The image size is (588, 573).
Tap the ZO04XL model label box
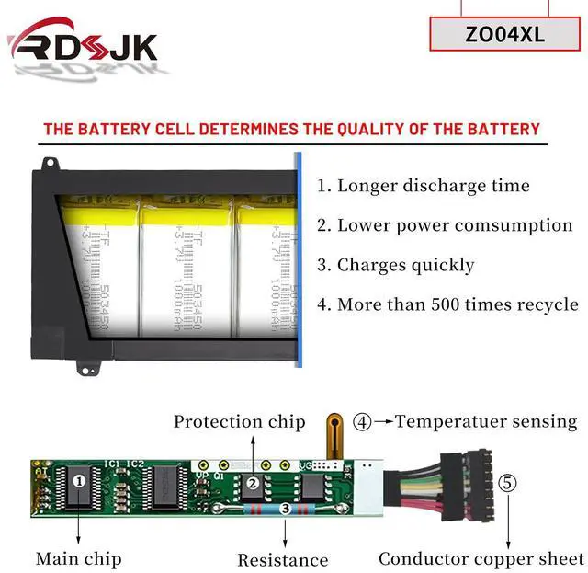pyautogui.click(x=505, y=35)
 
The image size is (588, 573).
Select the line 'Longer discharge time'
pyautogui.click(x=424, y=185)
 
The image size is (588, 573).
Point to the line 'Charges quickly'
pyautogui.click(x=396, y=265)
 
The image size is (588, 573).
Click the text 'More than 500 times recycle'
pyautogui.click(x=447, y=304)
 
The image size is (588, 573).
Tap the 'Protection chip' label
pyautogui.click(x=240, y=421)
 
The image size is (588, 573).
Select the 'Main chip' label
pyautogui.click(x=78, y=558)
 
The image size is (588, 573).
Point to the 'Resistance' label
pyautogui.click(x=282, y=559)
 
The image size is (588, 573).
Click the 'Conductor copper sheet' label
pyautogui.click(x=481, y=558)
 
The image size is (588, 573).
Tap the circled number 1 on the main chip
pyautogui.click(x=80, y=479)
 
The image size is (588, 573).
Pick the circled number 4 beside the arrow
pyautogui.click(x=362, y=422)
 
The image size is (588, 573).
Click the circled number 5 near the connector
pyautogui.click(x=507, y=481)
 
